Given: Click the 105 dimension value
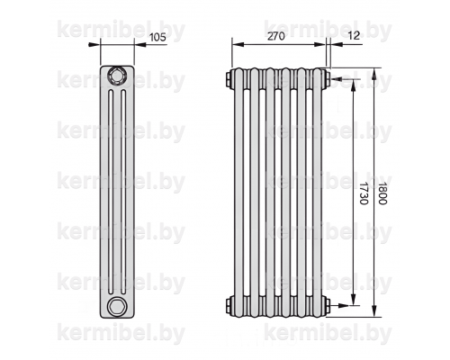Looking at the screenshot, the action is (157, 37).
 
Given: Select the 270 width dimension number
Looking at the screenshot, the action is (276, 36).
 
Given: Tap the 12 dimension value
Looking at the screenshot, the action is (355, 35).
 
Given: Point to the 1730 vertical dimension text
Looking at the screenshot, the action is (364, 193).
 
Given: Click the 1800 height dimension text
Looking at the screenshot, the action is (382, 193).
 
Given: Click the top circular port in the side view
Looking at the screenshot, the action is (117, 75).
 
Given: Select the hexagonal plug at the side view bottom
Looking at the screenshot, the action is (117, 306).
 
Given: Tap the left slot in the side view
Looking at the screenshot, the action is (111, 191).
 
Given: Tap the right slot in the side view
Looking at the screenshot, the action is (123, 191).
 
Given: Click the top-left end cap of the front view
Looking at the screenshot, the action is (229, 78).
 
